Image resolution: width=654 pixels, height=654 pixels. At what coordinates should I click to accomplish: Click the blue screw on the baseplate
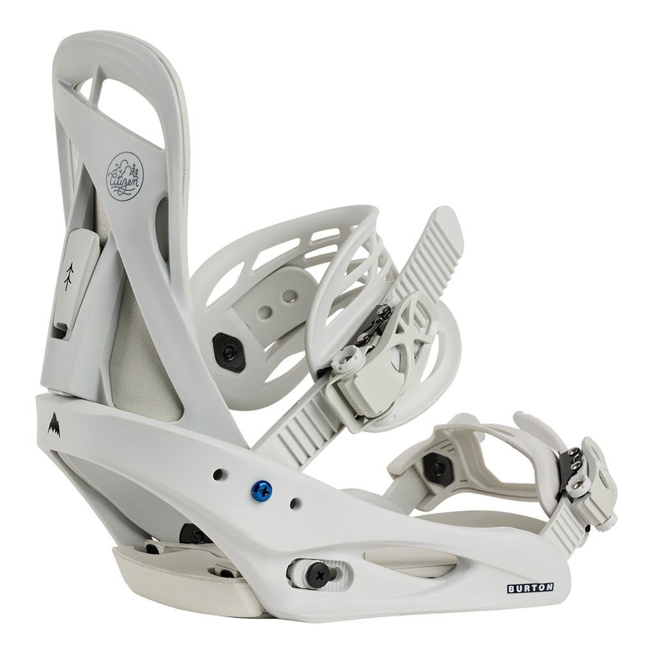click(x=262, y=490)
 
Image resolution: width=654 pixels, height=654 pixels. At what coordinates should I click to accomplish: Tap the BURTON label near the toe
click(x=529, y=588)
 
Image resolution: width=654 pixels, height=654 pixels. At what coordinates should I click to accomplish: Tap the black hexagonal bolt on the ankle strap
click(x=227, y=348)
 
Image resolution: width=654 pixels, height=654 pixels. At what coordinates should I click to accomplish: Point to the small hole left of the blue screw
click(x=218, y=474)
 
